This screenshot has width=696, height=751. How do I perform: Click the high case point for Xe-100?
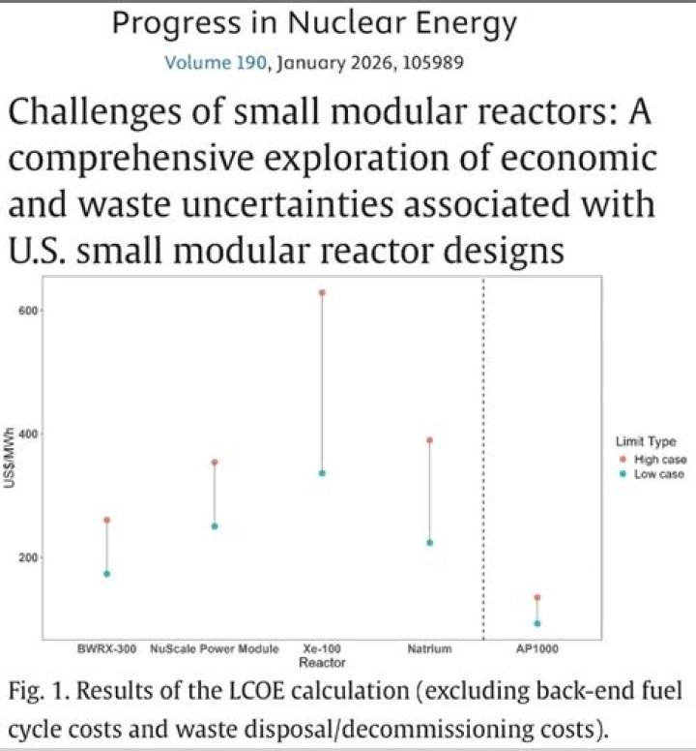322,292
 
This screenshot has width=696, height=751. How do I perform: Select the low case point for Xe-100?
322,473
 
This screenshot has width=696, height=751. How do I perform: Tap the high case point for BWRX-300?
107,521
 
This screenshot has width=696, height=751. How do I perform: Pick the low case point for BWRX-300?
107,574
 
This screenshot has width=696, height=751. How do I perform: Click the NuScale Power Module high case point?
215,463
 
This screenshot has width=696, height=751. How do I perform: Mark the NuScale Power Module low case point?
215,526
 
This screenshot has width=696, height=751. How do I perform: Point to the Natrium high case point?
429,440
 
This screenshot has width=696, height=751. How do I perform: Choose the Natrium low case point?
429,543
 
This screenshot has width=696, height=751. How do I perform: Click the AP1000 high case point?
536,598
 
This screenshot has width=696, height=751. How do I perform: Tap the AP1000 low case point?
536,623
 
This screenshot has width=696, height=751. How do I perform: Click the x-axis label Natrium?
429,649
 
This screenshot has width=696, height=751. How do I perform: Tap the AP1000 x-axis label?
536,649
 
